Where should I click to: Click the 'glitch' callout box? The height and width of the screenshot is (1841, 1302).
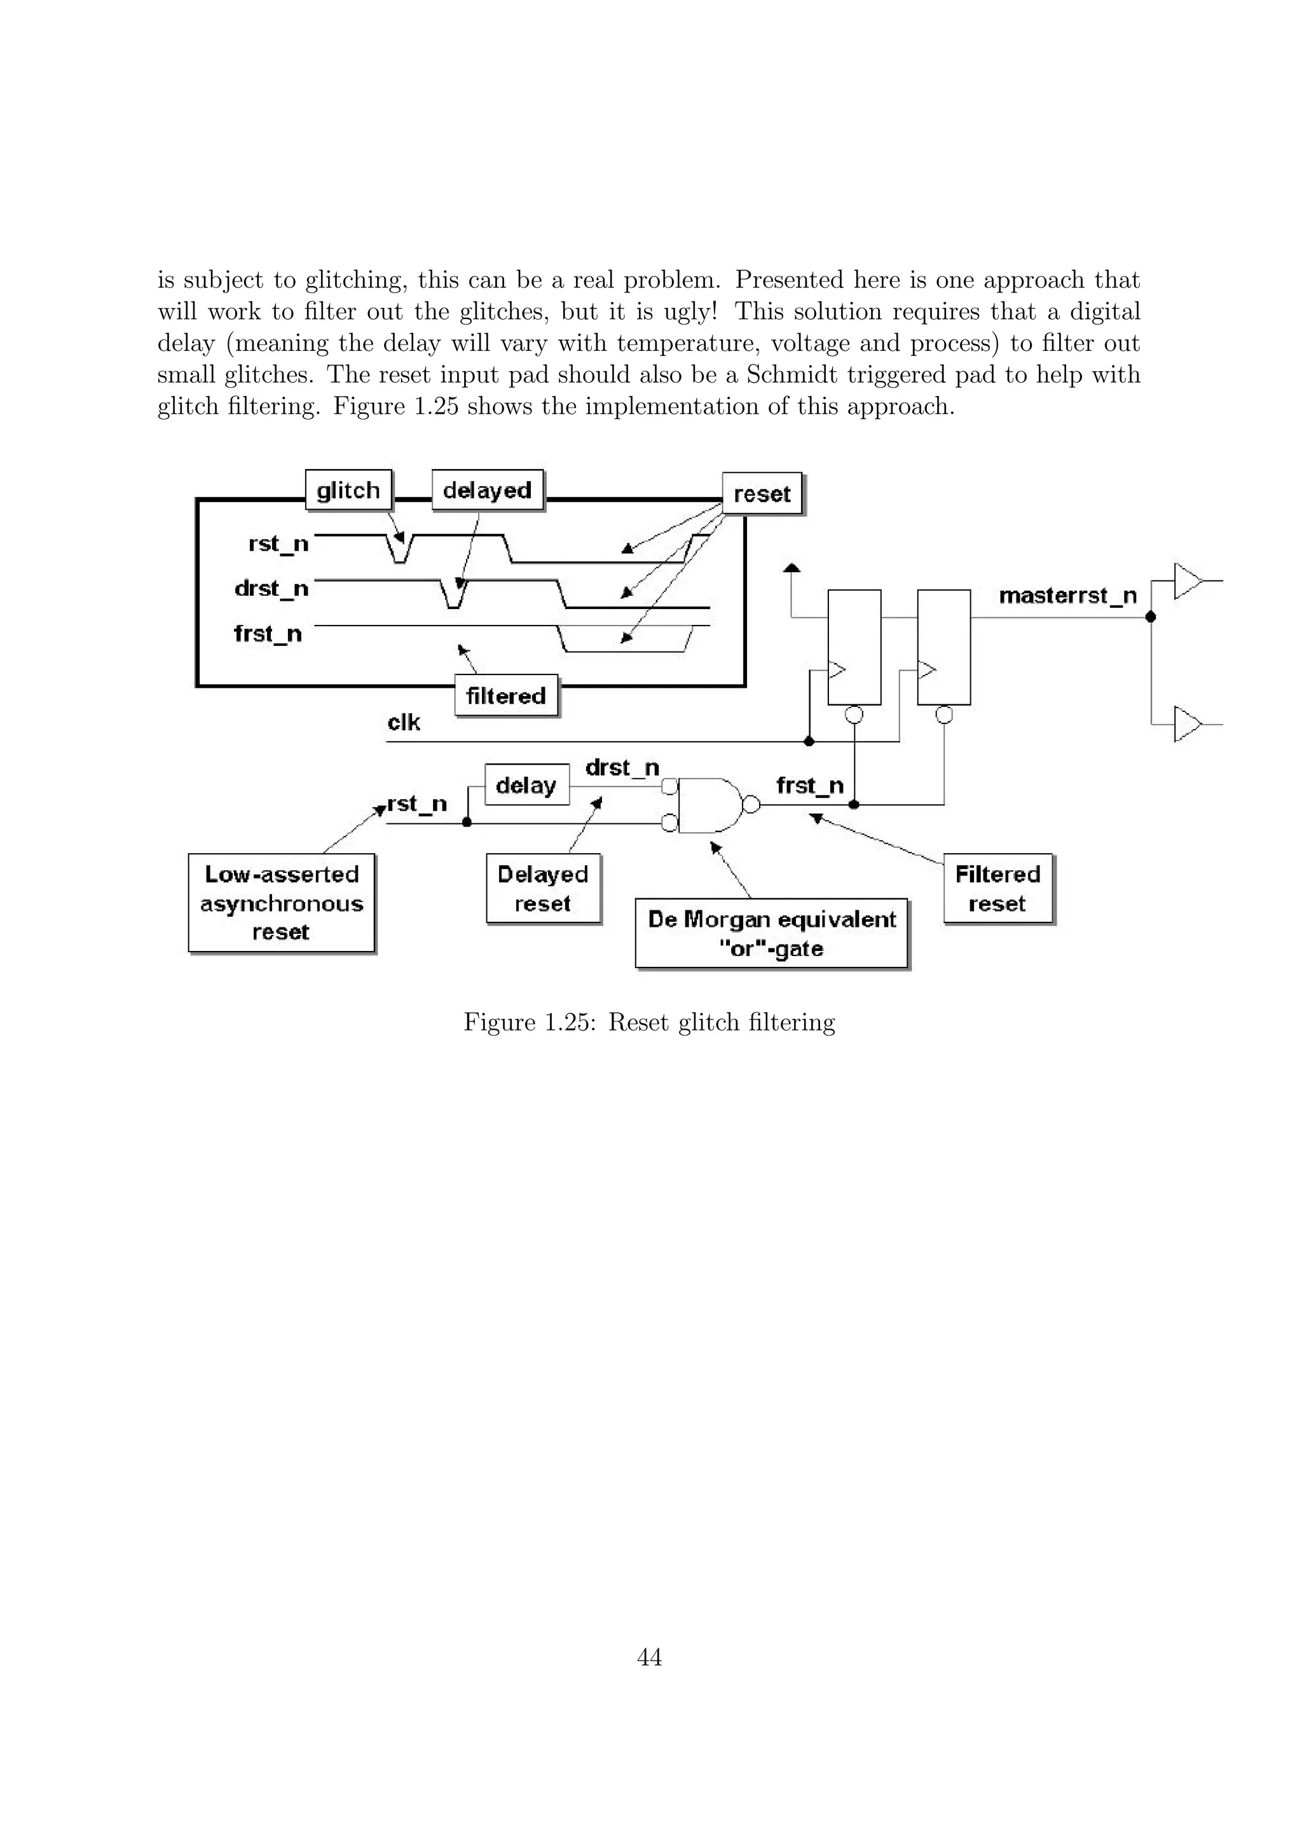pos(348,490)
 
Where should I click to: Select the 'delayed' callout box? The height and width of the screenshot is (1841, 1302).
pos(486,490)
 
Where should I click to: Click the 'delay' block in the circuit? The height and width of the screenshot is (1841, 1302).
pos(526,785)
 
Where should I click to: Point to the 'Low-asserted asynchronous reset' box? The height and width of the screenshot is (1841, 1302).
pos(282,903)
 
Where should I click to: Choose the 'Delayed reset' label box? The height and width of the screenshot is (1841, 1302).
pos(543,889)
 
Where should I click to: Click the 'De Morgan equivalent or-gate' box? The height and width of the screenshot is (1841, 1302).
pos(771,933)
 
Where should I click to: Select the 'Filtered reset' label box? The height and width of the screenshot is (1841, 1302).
pos(997,889)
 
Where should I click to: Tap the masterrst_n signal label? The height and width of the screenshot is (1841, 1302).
pos(1067,596)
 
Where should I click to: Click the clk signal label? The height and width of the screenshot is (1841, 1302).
pos(403,722)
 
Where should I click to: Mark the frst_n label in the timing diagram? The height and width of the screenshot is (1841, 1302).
pos(268,634)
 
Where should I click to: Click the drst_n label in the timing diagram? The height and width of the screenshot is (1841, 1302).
pos(271,589)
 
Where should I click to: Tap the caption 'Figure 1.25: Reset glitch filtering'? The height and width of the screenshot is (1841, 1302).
pos(649,1022)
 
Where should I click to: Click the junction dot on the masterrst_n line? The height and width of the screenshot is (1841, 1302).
pos(1151,617)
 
